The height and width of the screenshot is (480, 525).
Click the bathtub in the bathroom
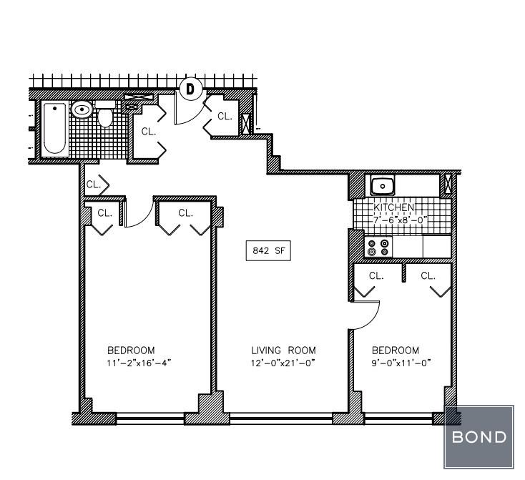(x=54, y=129)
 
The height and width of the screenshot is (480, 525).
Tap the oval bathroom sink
(x=82, y=109)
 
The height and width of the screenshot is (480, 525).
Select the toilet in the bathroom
(x=105, y=113)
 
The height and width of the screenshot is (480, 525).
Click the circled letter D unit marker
(x=190, y=89)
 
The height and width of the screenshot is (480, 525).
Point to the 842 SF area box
(x=268, y=250)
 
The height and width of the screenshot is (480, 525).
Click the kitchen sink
(x=383, y=185)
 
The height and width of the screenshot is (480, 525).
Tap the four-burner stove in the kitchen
(x=378, y=247)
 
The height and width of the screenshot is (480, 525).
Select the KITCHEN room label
(x=394, y=207)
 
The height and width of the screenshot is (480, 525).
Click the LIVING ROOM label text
(x=283, y=351)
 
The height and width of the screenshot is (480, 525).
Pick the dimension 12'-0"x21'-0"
(x=283, y=363)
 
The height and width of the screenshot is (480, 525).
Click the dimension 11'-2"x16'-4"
(x=139, y=363)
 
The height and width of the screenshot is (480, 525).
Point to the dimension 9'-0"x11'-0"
(x=401, y=363)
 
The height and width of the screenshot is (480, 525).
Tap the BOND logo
(x=479, y=437)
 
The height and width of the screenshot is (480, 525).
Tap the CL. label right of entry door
(x=225, y=116)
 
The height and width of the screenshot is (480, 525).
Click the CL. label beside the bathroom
(x=149, y=132)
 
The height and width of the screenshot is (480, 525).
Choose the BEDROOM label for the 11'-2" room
(x=131, y=351)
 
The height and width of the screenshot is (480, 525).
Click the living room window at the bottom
(x=281, y=418)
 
